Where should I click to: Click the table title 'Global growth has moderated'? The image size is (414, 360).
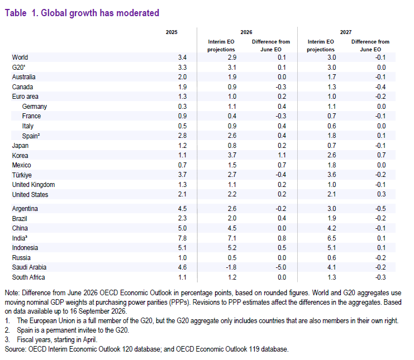(x=100, y=13)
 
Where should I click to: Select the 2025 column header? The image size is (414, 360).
(x=172, y=32)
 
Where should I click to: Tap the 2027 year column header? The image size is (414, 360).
(x=346, y=32)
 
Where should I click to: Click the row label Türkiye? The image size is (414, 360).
(x=22, y=175)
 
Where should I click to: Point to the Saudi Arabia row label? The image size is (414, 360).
(x=29, y=267)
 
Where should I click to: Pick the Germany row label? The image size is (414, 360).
(x=34, y=107)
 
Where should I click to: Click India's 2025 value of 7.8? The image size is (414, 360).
(x=182, y=238)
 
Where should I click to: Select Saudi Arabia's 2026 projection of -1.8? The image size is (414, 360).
(x=231, y=267)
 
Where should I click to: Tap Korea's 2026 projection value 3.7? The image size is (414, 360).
(x=232, y=155)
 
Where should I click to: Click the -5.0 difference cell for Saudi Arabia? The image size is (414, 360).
(x=280, y=267)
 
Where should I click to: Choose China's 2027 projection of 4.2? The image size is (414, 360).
(x=332, y=228)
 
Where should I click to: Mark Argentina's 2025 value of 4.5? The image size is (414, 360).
(x=182, y=209)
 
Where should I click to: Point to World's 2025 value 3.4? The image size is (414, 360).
(x=182, y=57)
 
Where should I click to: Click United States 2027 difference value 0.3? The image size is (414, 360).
(x=381, y=194)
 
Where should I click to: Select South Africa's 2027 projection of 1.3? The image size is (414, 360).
(x=332, y=277)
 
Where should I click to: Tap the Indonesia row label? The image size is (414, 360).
(x=25, y=248)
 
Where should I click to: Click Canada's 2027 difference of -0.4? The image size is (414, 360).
(x=380, y=87)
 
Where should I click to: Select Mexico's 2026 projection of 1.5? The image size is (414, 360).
(x=232, y=165)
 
